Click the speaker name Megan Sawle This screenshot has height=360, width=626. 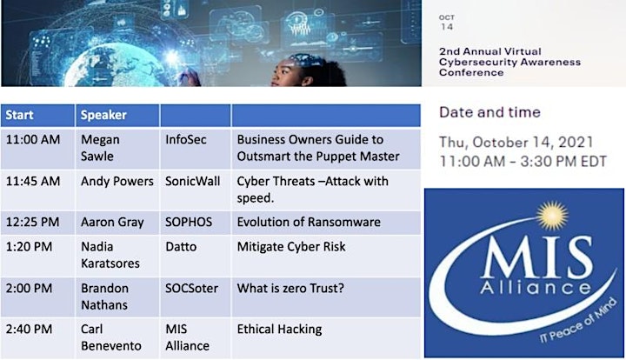click(100, 148)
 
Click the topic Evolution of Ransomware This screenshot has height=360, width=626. click(309, 222)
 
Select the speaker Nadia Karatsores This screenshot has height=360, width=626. click(110, 255)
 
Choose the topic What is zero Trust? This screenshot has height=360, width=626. click(290, 288)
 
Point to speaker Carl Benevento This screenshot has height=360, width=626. click(111, 337)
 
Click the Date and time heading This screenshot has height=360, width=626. click(489, 112)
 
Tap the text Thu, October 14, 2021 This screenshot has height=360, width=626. click(516, 143)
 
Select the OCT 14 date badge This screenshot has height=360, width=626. click(447, 23)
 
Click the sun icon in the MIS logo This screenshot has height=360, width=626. click(552, 216)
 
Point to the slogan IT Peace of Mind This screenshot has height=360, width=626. click(577, 321)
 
